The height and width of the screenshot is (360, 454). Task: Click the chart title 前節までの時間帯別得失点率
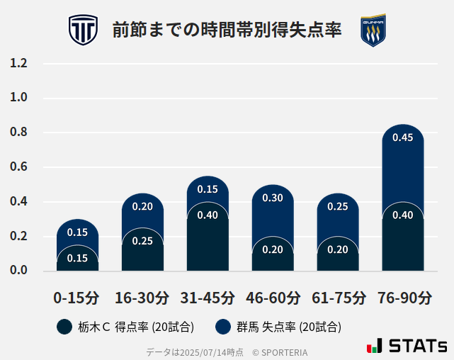227,30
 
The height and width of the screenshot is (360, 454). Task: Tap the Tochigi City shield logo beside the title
83,30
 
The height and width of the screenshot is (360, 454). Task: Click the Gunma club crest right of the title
373,30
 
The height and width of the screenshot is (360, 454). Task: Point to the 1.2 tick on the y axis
18,63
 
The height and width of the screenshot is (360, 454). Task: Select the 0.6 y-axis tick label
18,167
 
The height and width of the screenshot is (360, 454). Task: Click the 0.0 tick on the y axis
18,270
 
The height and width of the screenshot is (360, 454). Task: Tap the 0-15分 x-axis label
77,297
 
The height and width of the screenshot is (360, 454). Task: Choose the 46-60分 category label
273,297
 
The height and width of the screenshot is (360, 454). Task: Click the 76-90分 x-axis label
403,297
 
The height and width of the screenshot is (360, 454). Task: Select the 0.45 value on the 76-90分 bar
402,137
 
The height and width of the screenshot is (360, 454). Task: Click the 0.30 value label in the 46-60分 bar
273,198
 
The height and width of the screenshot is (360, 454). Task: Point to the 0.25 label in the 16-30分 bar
142,241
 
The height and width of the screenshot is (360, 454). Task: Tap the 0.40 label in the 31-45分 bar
208,215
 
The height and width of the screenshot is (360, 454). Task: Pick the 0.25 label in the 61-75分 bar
337,206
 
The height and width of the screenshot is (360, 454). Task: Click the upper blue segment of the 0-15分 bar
77,230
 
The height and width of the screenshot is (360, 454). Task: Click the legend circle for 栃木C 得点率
65,327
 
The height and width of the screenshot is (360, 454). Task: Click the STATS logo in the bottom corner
407,346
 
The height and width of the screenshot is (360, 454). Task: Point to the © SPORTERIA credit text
280,351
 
